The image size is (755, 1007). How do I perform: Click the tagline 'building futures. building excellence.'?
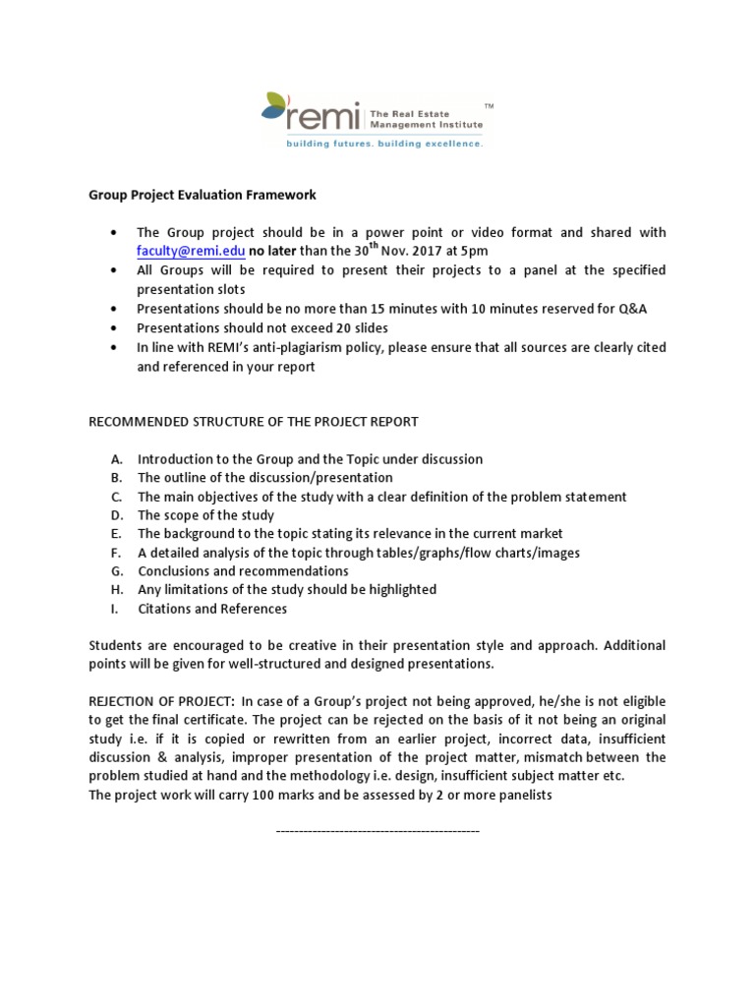(x=384, y=144)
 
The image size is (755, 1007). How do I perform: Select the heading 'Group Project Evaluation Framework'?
(x=203, y=195)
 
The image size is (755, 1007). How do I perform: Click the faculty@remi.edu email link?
(x=191, y=251)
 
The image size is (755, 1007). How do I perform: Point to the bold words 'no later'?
(x=275, y=251)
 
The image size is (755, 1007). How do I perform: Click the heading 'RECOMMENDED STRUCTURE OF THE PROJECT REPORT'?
(x=254, y=422)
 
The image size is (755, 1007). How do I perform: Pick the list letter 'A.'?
(x=117, y=459)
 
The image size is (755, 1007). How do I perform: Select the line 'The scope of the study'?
(x=205, y=515)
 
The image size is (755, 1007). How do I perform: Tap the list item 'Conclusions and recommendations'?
(x=243, y=571)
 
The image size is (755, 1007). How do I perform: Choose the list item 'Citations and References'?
(x=212, y=609)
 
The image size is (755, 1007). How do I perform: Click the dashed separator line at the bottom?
(x=377, y=832)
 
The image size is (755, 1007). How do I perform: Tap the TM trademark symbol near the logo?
(x=490, y=103)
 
